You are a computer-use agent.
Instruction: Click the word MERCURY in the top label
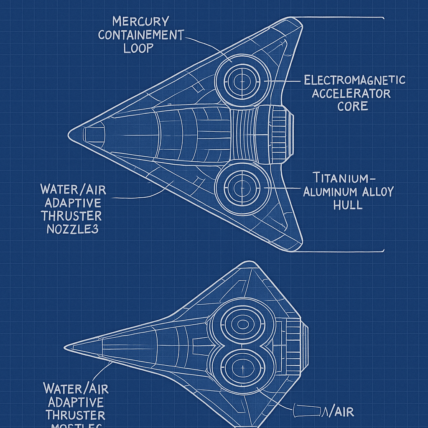[134, 21]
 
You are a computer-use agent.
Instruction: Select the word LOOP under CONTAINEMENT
[138, 48]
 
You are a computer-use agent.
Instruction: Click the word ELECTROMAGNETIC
[354, 80]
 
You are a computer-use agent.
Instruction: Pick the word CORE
[353, 106]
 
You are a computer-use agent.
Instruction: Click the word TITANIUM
[340, 178]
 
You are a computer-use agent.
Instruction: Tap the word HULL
[348, 205]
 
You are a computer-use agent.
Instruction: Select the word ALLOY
[378, 192]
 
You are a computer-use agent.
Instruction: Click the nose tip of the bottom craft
[66, 347]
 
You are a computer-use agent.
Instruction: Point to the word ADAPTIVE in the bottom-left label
[76, 402]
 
